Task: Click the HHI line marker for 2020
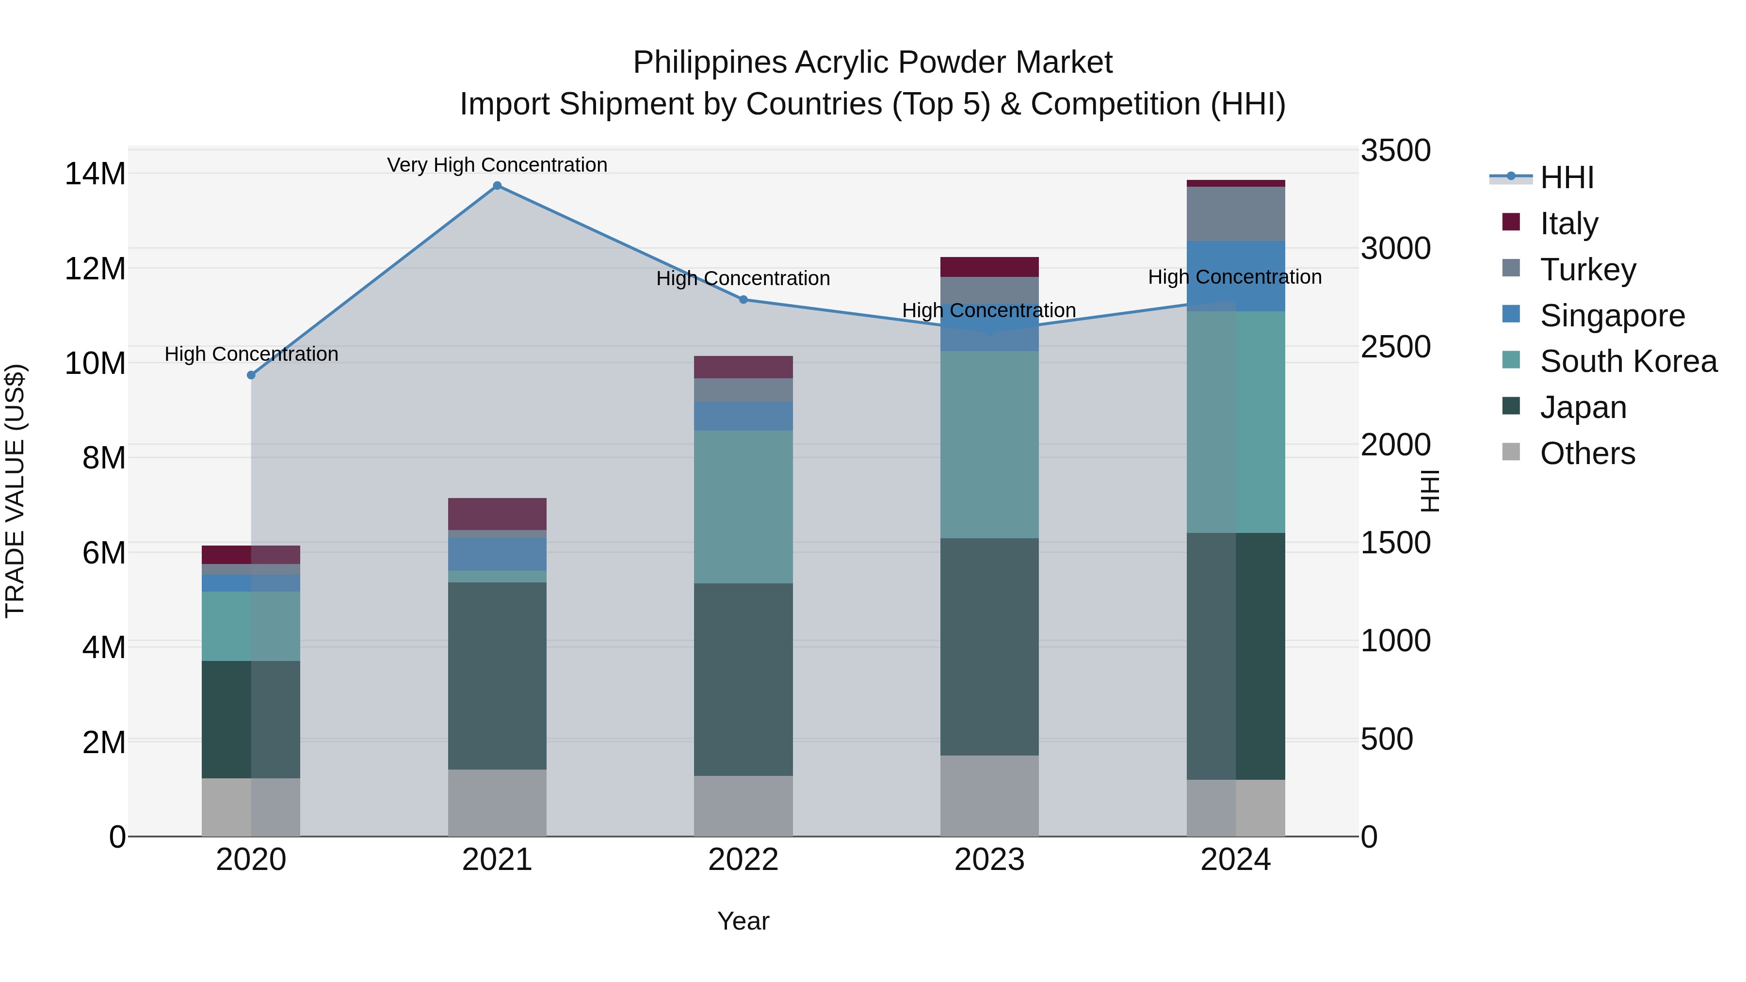pyautogui.click(x=251, y=375)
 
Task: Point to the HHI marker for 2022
pyautogui.click(x=743, y=300)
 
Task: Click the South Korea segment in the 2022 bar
pyautogui.click(x=743, y=506)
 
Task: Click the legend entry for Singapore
pyautogui.click(x=1612, y=315)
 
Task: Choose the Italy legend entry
pyautogui.click(x=1568, y=223)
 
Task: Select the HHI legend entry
pyautogui.click(x=1567, y=177)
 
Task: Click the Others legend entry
pyautogui.click(x=1587, y=453)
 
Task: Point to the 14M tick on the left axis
pyautogui.click(x=95, y=174)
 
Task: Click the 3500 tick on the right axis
pyautogui.click(x=1395, y=150)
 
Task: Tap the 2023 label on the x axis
pyautogui.click(x=989, y=860)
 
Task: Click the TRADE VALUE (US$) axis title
pyautogui.click(x=15, y=491)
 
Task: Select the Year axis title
pyautogui.click(x=743, y=921)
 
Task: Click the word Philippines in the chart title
pyautogui.click(x=709, y=63)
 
